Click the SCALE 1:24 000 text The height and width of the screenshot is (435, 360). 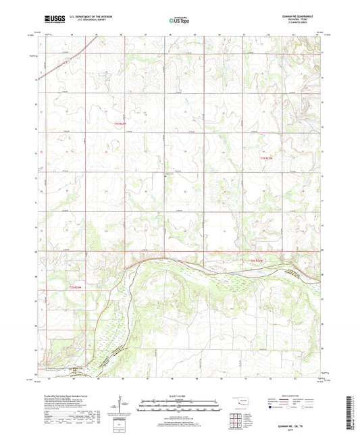179,396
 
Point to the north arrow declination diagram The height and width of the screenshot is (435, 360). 122,407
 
